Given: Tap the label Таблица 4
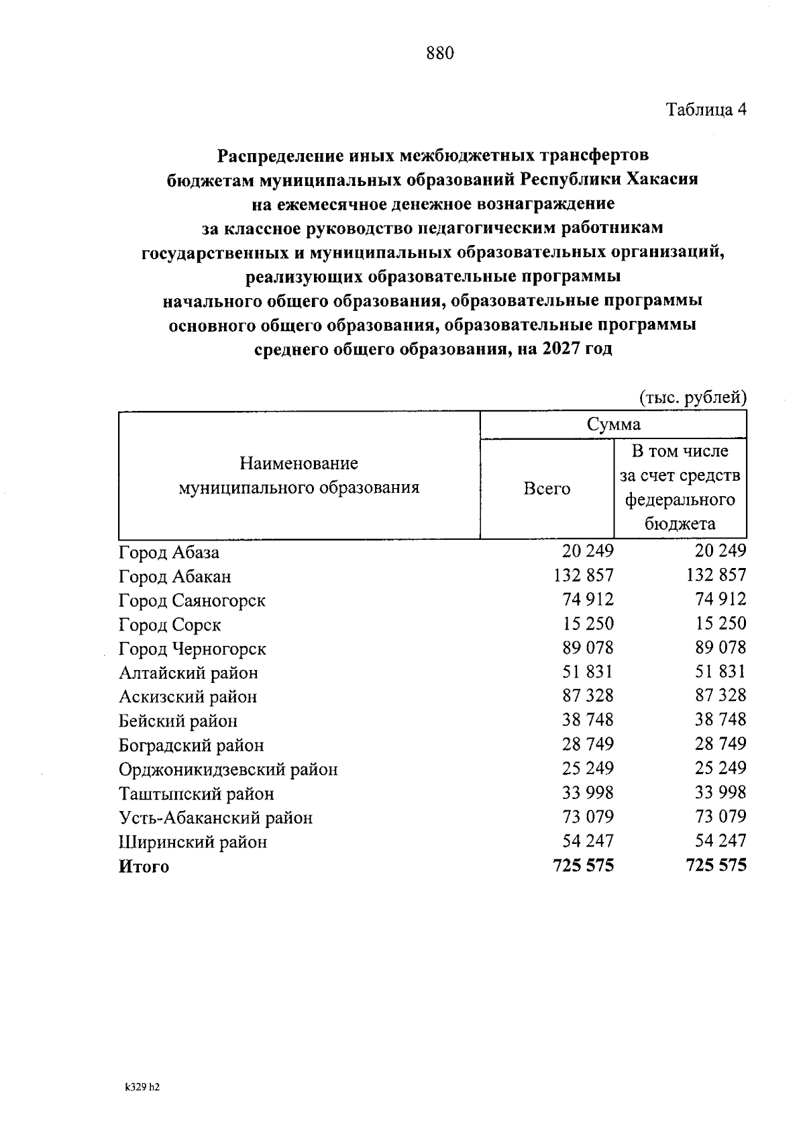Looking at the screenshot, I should click(x=706, y=109).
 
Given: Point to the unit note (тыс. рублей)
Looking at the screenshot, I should click(x=692, y=397).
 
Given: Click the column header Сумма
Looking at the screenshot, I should click(x=613, y=424).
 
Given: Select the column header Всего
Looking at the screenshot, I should click(x=547, y=489).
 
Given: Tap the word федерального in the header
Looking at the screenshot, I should click(x=680, y=500).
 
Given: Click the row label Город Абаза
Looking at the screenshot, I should click(x=169, y=553).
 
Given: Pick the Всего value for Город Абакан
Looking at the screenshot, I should click(x=584, y=575).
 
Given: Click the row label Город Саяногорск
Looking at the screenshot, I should click(x=192, y=600).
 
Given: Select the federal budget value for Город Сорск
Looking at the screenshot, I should click(x=720, y=623).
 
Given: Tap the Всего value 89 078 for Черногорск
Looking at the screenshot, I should click(x=588, y=648).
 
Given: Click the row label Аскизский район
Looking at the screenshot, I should click(x=188, y=697).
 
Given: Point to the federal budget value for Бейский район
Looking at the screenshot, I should click(x=720, y=720).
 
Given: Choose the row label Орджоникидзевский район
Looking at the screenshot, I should click(x=228, y=769).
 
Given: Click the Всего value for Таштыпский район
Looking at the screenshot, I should click(x=588, y=793).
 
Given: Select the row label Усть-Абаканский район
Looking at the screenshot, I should click(x=215, y=818).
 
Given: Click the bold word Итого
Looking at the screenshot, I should click(x=144, y=867).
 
